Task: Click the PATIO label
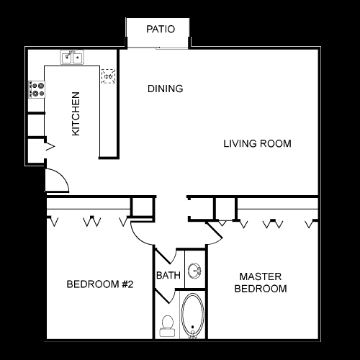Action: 161,29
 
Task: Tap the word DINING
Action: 166,89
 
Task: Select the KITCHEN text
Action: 76,114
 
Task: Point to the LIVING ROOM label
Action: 258,143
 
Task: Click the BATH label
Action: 168,275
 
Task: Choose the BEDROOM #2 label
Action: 100,284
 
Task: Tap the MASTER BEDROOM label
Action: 261,282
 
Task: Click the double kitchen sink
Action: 72,57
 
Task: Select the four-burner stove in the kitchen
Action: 37,89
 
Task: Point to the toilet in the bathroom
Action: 168,326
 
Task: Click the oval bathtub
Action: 192,315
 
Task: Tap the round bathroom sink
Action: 194,271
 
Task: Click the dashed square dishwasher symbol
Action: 108,76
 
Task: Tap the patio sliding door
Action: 158,48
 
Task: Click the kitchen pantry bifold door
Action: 50,146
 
